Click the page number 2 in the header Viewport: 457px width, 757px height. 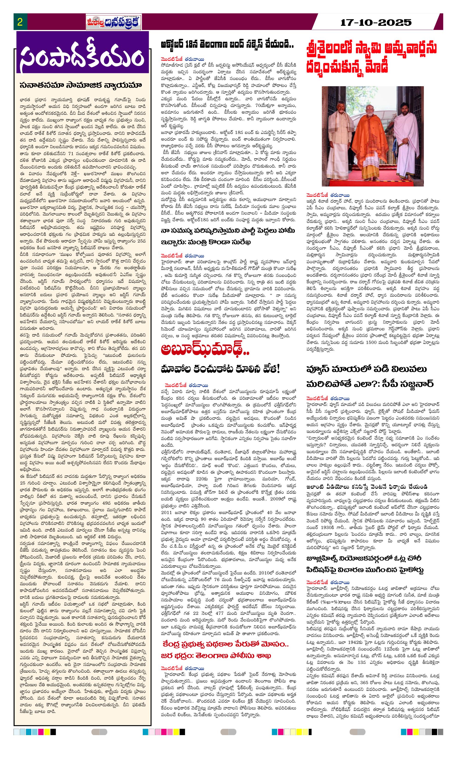(20, 22)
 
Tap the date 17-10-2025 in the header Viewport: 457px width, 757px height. (376, 22)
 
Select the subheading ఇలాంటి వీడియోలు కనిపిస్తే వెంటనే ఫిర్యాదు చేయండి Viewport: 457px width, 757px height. (367, 487)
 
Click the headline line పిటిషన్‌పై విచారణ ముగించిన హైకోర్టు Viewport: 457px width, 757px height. (365, 570)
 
